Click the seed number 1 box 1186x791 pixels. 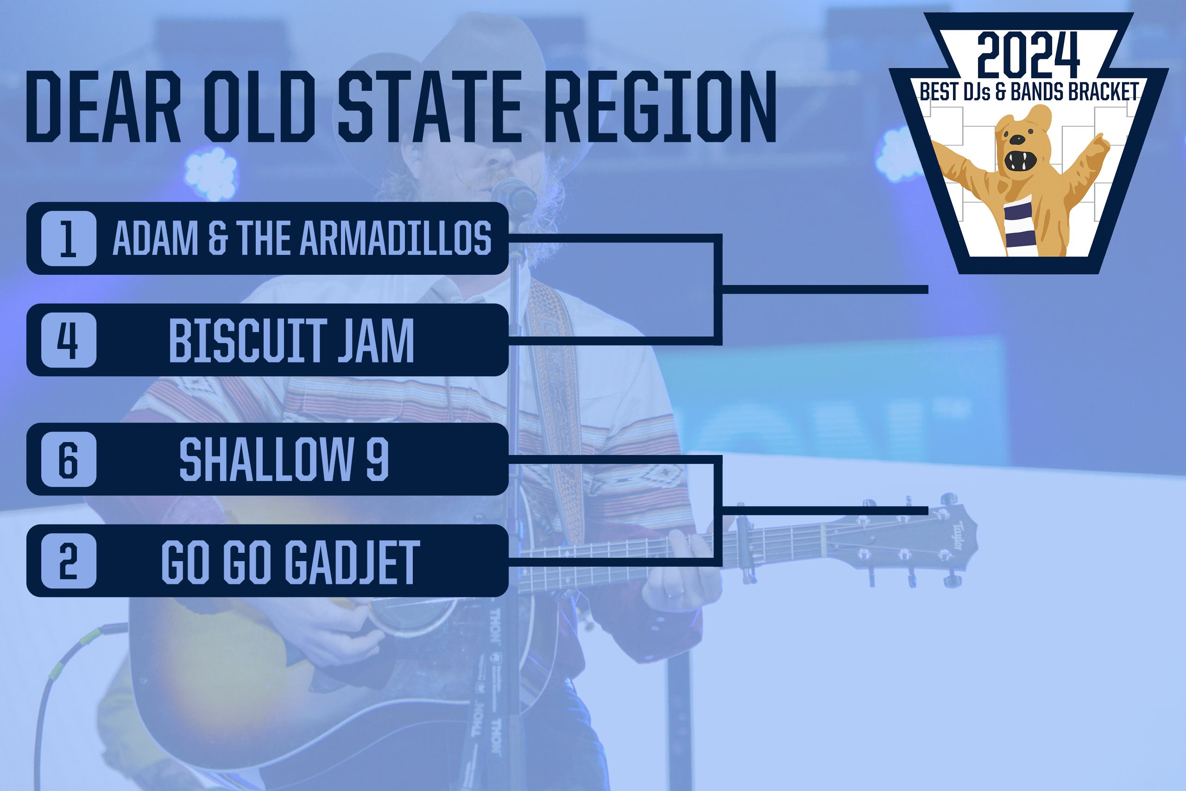[69, 239]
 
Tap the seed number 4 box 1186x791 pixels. [69, 340]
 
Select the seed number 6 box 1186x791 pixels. [69, 459]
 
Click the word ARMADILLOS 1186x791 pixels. [396, 238]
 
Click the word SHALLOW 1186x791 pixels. [267, 459]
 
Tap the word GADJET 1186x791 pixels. [353, 562]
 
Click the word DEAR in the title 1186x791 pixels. [104, 107]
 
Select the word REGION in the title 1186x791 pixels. [661, 107]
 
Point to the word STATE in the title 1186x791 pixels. [429, 107]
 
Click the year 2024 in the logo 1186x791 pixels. [1028, 55]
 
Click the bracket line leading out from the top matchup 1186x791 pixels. [825, 290]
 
